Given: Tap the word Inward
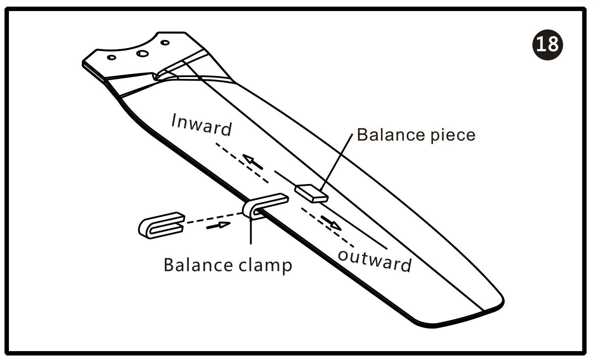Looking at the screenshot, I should point(202,125).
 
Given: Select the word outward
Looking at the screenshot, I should point(375,261).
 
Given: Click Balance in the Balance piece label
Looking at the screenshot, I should point(385,135).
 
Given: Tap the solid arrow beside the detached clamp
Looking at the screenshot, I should point(218,225).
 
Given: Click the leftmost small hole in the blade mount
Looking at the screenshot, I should point(112,57).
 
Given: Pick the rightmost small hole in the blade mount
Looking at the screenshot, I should point(165,43).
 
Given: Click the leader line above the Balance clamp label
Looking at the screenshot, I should point(251,232).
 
